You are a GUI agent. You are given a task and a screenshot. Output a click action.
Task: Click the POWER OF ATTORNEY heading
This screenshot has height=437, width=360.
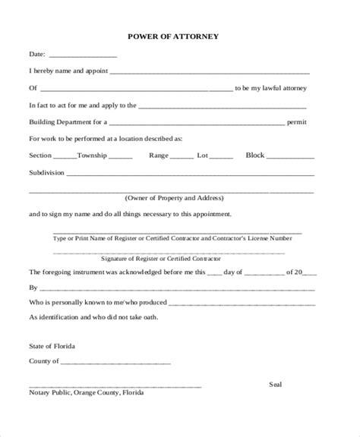tap(180, 36)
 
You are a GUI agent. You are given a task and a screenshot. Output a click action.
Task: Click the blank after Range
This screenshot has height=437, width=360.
tap(182, 156)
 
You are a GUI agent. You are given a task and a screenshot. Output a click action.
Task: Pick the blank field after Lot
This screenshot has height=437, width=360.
tap(221, 156)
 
